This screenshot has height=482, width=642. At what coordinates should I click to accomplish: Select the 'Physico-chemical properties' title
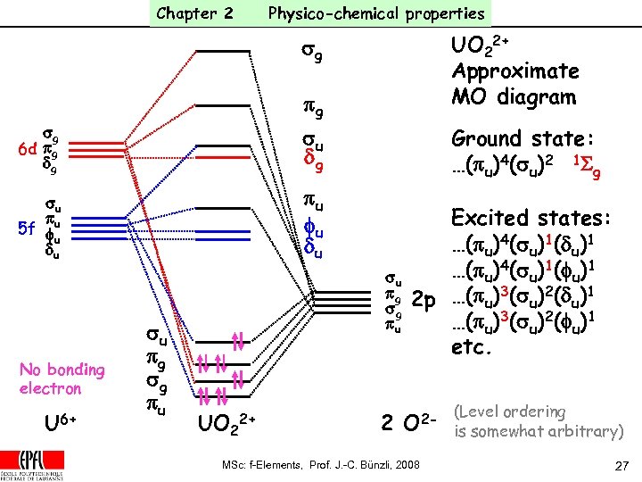tap(376, 13)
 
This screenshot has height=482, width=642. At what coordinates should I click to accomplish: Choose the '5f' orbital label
tap(25, 229)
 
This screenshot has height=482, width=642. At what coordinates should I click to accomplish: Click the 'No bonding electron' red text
tap(62, 378)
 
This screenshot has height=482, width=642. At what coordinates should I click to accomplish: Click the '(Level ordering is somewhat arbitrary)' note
tap(539, 421)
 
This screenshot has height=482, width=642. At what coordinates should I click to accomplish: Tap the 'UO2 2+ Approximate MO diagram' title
tap(514, 71)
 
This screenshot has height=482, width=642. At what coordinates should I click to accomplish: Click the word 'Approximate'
tap(514, 71)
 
